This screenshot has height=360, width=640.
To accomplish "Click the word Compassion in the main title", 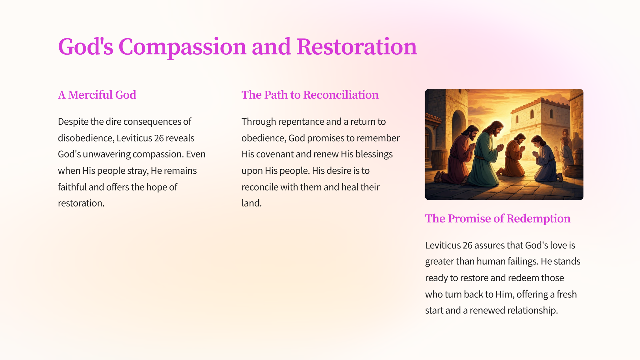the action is [x=182, y=47].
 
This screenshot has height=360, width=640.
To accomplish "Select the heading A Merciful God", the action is [x=97, y=95].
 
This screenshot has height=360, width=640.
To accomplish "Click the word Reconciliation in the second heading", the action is [x=341, y=95].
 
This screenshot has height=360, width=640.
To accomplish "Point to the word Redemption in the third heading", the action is [x=538, y=218].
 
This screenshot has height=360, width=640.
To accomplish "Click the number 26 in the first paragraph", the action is [x=159, y=138].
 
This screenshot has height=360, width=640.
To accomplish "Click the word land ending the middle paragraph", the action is [x=251, y=203].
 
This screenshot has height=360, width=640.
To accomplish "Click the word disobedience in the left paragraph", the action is [x=86, y=138].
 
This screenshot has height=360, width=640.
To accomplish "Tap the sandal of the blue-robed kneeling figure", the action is [x=560, y=177].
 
